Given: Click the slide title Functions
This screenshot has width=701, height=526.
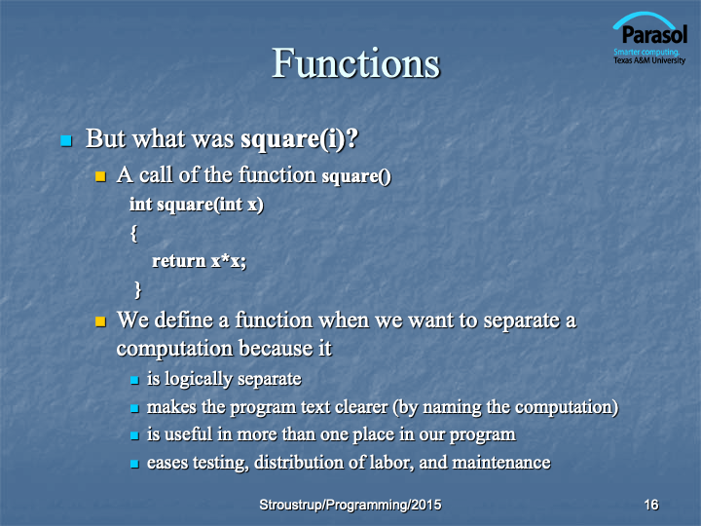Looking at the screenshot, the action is pos(356,63).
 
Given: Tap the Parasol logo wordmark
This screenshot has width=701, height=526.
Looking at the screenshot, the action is pos(654,34).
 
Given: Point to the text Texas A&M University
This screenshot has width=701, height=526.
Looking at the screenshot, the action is pos(649,60).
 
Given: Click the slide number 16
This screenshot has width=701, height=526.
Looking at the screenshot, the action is pos(651,505).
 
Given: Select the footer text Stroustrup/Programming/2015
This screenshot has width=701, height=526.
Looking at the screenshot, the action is pos(350,505).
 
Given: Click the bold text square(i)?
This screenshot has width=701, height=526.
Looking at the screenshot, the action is pos(300,138).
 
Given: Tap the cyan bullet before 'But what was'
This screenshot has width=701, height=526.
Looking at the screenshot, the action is pos(66,141).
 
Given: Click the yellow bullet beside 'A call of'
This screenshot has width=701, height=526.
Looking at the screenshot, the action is pos(100,176).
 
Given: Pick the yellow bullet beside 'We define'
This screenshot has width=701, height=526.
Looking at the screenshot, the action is pos(100,321).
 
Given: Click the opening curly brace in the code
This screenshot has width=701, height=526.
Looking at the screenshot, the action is pos(133,234).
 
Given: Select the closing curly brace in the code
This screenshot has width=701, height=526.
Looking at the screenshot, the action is pos(137,290).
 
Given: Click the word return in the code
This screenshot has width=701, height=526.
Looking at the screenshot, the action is pos(179,261).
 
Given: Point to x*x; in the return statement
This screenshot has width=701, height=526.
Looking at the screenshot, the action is pos(229,261).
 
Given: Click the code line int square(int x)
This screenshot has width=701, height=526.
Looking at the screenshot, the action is pos(197,205).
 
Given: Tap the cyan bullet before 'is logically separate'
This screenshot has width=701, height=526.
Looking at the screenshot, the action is pos(134,381).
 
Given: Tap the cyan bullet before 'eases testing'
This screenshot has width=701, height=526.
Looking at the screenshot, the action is pos(134,465).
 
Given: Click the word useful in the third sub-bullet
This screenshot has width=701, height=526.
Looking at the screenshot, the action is pos(188,434).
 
